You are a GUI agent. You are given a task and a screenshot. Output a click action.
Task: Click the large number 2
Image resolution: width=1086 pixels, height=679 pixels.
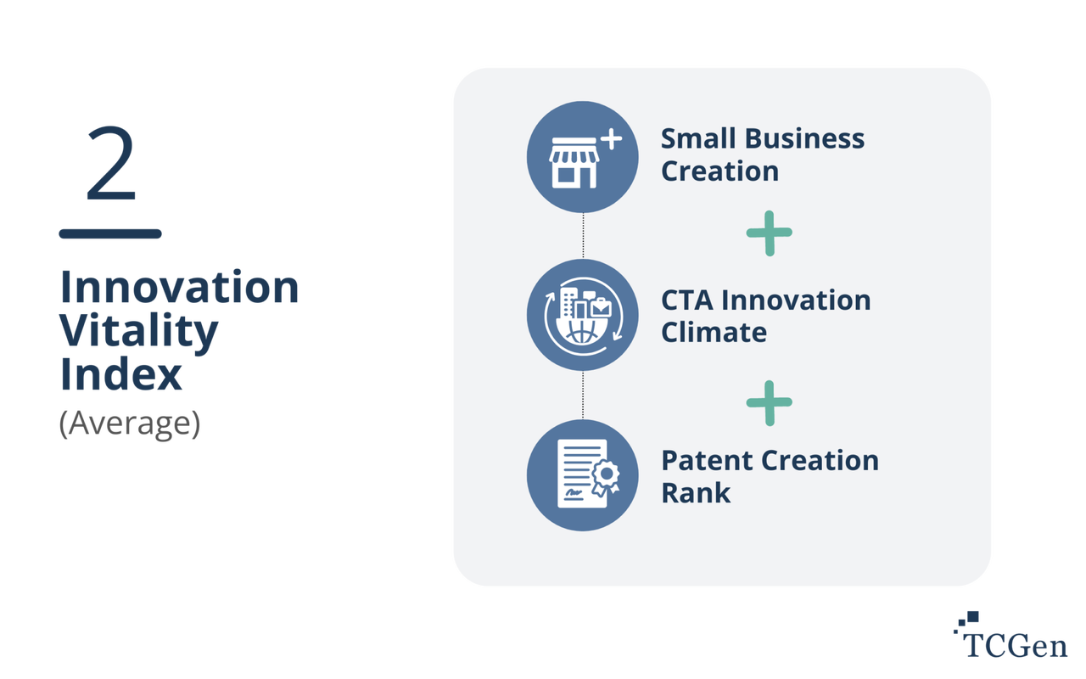pos(110,164)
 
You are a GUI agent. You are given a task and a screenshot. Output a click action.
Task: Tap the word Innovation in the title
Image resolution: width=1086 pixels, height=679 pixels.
pos(179,289)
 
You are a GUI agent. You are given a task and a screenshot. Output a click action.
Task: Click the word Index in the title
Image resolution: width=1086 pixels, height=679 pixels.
pos(120,375)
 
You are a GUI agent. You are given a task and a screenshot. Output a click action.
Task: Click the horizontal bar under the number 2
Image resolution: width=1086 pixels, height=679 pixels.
pos(110,234)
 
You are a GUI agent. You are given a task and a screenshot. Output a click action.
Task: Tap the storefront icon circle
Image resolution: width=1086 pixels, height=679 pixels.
pos(582,156)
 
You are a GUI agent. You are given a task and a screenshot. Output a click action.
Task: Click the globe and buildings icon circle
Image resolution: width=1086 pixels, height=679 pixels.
pos(582,315)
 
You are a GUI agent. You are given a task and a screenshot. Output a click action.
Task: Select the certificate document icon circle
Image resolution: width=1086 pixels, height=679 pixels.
pos(582,474)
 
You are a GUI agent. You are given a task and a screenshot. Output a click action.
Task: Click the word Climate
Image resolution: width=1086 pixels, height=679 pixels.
pos(714,332)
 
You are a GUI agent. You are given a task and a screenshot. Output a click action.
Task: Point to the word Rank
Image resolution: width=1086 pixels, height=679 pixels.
pos(696,492)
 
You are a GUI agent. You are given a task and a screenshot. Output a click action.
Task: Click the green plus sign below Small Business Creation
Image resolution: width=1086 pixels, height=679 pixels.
pos(769,233)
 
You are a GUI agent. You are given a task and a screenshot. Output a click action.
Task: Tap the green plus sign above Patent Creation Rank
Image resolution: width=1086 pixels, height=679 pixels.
pos(769,402)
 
